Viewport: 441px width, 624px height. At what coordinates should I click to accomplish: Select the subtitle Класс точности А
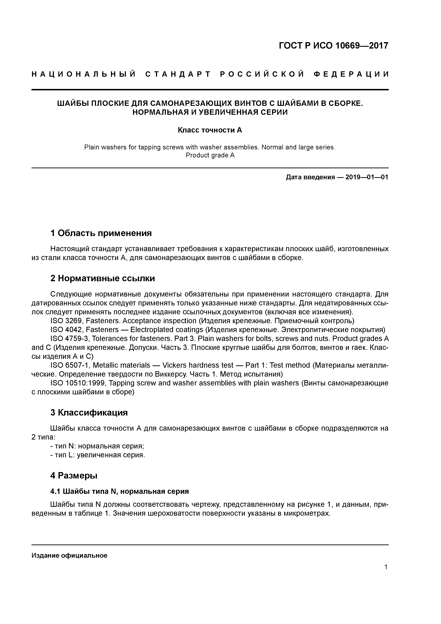[210, 130]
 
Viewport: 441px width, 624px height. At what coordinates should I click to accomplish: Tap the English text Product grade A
[210, 155]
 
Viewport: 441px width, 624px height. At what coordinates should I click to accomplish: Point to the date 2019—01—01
[367, 177]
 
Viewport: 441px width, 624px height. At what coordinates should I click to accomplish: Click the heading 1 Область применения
[101, 233]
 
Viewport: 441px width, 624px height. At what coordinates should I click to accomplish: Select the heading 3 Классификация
[89, 413]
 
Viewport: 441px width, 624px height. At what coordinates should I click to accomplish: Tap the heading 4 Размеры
[74, 475]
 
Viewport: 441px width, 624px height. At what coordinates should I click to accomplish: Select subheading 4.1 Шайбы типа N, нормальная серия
[119, 491]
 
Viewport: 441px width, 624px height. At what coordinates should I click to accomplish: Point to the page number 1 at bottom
[386, 567]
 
